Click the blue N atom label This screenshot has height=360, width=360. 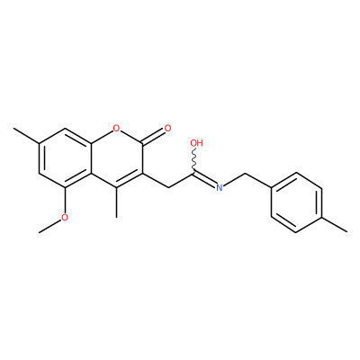(220, 188)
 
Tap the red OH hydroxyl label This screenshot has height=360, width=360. (197, 143)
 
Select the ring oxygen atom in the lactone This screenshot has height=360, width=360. (116, 129)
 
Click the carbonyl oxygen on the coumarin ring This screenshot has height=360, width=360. (167, 129)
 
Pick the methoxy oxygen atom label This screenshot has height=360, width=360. (65, 217)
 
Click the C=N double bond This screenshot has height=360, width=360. (205, 180)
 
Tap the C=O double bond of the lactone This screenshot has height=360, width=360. (153, 136)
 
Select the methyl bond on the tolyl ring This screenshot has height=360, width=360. (335, 224)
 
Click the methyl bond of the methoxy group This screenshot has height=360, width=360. (49, 227)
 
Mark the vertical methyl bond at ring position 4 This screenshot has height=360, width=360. (116, 202)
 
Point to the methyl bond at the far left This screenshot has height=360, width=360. (26, 136)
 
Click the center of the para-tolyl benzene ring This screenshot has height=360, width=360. (296, 202)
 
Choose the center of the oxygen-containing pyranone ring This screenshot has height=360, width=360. (116, 158)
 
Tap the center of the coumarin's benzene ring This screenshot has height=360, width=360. (65, 158)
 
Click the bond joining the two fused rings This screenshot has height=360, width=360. (91, 158)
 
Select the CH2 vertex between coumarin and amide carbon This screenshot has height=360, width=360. (168, 187)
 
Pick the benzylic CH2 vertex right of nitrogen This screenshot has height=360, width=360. (246, 173)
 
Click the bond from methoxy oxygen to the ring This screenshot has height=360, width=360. (65, 201)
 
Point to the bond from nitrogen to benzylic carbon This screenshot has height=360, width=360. (234, 179)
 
